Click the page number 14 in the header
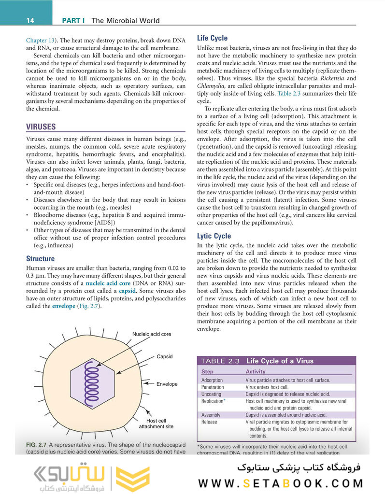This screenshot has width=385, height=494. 30,20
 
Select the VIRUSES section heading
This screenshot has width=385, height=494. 41,127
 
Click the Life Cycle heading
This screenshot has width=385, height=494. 213,38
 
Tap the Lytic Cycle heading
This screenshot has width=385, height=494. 214,236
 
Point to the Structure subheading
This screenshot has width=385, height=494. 41,259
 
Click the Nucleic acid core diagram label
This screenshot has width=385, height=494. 151,334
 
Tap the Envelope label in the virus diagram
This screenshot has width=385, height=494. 167,384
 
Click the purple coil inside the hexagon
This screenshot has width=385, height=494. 92,379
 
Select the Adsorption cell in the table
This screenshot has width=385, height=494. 212,381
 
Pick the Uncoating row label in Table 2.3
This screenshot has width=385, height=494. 212,394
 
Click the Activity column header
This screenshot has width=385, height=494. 256,372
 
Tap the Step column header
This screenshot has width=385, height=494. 207,372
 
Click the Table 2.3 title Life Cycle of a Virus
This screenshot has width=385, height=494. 280,361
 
